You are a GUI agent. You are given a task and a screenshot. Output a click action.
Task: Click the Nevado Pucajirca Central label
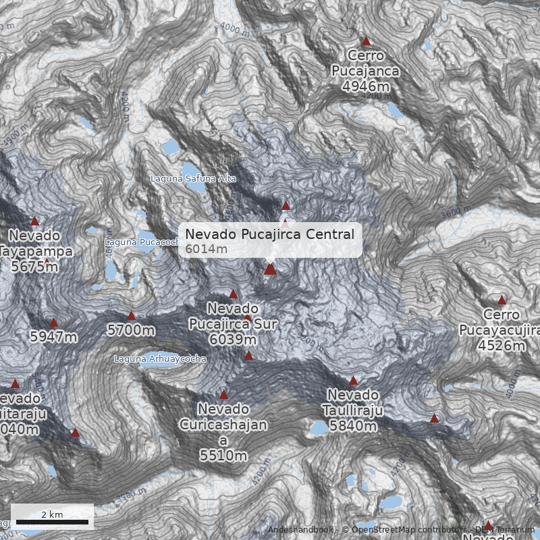tap(269, 234)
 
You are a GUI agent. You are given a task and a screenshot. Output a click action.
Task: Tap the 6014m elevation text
tap(206, 249)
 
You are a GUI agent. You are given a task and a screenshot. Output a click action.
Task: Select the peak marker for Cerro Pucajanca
tap(367, 41)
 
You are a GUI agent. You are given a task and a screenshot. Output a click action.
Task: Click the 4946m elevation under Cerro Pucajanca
tap(365, 86)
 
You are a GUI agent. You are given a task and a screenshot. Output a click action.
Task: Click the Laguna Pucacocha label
tap(145, 242)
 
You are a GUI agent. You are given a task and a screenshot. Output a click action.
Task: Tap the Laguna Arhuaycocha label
tap(160, 359)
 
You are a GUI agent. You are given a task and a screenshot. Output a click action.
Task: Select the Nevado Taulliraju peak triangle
tap(353, 381)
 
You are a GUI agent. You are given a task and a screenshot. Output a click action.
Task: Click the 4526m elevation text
tap(501, 346)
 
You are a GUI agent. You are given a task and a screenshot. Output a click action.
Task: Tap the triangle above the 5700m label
tap(132, 316)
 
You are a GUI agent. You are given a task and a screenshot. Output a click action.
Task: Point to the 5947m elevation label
tap(53, 336)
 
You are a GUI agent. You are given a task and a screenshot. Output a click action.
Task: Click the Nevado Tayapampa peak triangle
tap(34, 221)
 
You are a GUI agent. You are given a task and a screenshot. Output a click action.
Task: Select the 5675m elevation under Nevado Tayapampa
tap(34, 267)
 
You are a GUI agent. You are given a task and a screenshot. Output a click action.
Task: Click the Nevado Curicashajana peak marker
tap(223, 395)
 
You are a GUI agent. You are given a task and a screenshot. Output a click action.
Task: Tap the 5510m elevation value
tap(223, 456)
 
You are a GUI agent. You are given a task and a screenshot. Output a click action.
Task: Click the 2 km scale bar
tap(52, 522)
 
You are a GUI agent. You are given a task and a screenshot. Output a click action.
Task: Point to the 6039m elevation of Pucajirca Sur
tap(233, 339)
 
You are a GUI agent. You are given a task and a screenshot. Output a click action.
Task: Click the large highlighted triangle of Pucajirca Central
tap(270, 269)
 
